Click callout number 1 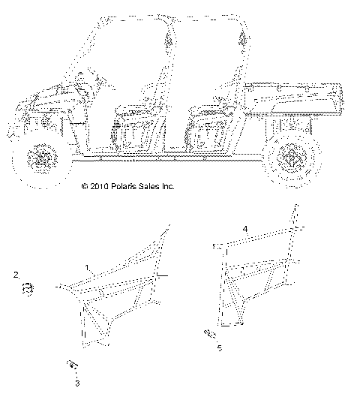tap(88, 266)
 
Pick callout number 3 tap(76, 383)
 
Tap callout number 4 tap(245, 227)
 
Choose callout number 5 tap(220, 348)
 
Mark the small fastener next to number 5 tap(210, 333)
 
